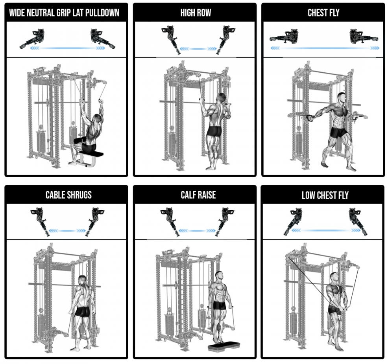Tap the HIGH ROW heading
click(x=196, y=13)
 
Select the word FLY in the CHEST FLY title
click(x=334, y=13)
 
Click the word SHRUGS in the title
click(x=79, y=195)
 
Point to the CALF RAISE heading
click(x=198, y=195)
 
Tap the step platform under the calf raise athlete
click(x=224, y=346)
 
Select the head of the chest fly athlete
click(x=342, y=97)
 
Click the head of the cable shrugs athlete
click(x=82, y=281)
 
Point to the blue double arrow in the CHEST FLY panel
click(x=325, y=48)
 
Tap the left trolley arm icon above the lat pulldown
click(x=32, y=39)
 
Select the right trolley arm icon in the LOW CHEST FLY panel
click(x=358, y=221)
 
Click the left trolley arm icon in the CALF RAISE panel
click(x=170, y=222)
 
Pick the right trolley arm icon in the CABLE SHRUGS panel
click(x=95, y=221)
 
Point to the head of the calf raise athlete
click(x=219, y=276)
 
